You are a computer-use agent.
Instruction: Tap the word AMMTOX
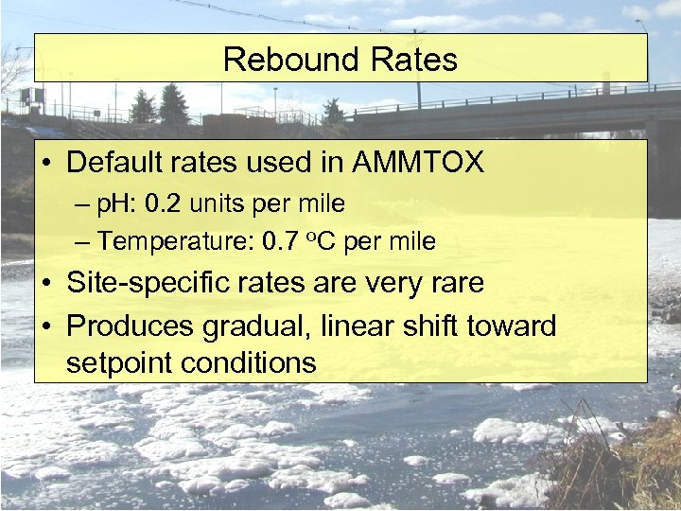pos(417,163)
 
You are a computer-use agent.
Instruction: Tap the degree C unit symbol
pos(323,241)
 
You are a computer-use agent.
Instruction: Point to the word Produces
pos(128,326)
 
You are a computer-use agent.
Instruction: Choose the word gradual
pos(256,326)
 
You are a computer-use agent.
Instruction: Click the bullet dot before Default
pos(48,164)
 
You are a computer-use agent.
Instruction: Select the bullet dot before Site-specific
pos(48,284)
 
